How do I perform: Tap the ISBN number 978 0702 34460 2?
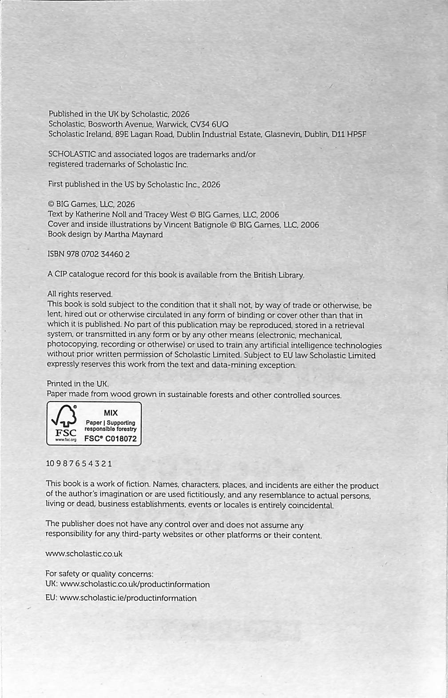coord(98,254)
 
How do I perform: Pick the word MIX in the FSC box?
coord(111,413)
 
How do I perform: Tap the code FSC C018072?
coord(111,439)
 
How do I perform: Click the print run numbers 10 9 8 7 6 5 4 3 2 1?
coord(79,464)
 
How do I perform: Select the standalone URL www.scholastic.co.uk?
coord(84,554)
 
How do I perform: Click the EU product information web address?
coord(128,598)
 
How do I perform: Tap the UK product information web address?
coord(135,584)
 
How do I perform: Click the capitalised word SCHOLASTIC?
coord(71,155)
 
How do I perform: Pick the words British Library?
coord(278,275)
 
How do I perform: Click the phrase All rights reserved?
coord(80,294)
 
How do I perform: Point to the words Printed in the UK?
coord(78,384)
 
